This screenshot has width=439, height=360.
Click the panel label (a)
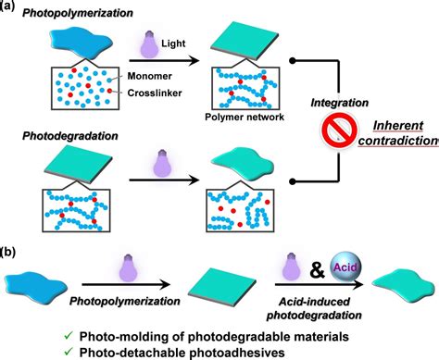tap(10, 6)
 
